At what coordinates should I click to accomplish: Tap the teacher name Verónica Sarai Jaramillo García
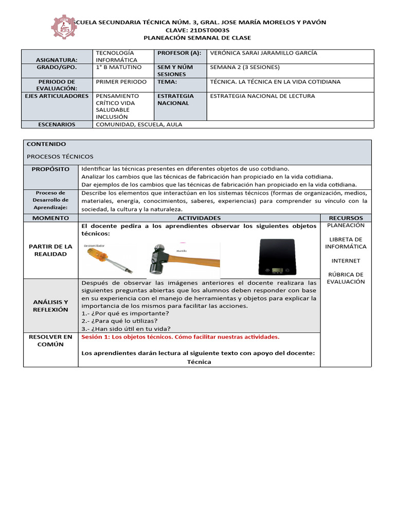pyautogui.click(x=264, y=53)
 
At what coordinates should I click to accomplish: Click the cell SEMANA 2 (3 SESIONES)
pyautogui.click(x=245, y=67)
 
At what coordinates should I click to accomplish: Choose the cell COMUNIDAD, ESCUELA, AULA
pyautogui.click(x=139, y=124)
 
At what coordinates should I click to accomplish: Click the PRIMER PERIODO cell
pyautogui.click(x=121, y=82)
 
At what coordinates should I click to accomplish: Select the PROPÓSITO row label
pyautogui.click(x=50, y=169)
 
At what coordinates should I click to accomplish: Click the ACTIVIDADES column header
pyautogui.click(x=199, y=218)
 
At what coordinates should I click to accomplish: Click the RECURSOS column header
pyautogui.click(x=346, y=218)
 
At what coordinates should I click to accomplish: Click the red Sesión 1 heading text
pyautogui.click(x=180, y=337)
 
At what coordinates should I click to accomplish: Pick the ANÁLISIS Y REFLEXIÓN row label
pyautogui.click(x=50, y=306)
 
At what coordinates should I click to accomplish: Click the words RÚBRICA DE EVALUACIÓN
pyautogui.click(x=346, y=278)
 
